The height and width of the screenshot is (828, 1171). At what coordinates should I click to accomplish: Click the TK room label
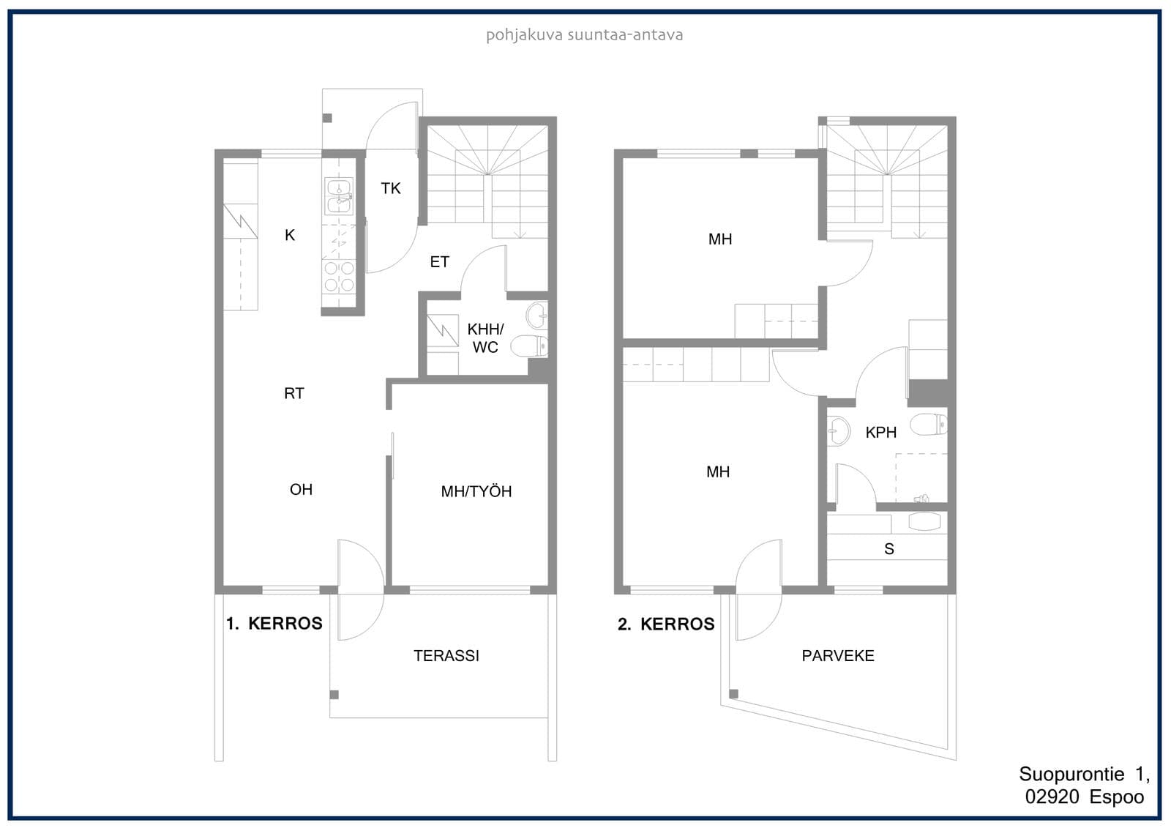(391, 188)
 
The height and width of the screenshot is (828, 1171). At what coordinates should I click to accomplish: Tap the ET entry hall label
(439, 261)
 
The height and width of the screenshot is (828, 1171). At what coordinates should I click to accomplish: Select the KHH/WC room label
(485, 338)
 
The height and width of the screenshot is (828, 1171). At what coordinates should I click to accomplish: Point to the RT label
(293, 393)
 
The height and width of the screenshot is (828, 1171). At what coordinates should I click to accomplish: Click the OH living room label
(301, 490)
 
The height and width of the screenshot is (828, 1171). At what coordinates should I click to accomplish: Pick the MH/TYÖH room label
(476, 491)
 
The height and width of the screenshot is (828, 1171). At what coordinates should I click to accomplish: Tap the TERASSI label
(446, 656)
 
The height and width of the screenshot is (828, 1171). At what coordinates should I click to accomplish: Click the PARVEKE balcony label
(838, 656)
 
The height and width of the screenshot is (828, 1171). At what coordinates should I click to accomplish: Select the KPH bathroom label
(881, 433)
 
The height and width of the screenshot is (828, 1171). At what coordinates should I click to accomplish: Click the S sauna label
(889, 548)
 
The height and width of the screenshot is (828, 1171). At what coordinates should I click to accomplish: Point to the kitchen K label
(290, 236)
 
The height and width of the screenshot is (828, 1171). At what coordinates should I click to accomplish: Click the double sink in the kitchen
(339, 196)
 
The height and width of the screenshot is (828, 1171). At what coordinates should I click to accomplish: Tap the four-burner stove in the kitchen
(339, 277)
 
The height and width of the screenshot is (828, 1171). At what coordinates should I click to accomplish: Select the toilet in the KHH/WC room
(529, 346)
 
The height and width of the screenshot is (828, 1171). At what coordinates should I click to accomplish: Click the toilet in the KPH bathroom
(929, 424)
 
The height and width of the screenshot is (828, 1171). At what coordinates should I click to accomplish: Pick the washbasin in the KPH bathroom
(839, 430)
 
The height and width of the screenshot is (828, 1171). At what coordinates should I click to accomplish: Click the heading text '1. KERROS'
(274, 624)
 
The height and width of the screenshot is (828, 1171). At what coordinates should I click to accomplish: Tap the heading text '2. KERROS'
(666, 624)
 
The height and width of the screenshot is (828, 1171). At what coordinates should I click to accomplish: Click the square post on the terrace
(334, 695)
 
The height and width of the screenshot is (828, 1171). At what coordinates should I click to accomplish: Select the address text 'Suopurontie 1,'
(1084, 774)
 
